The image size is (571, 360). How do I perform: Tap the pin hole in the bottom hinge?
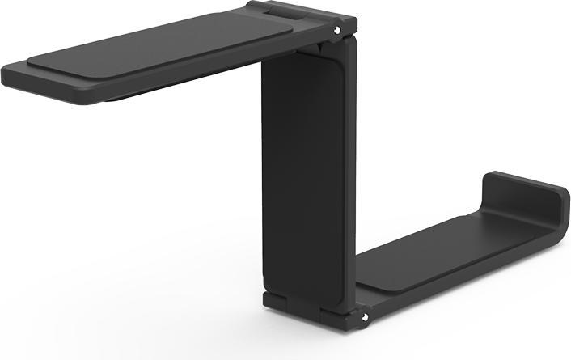tap(364, 316)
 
